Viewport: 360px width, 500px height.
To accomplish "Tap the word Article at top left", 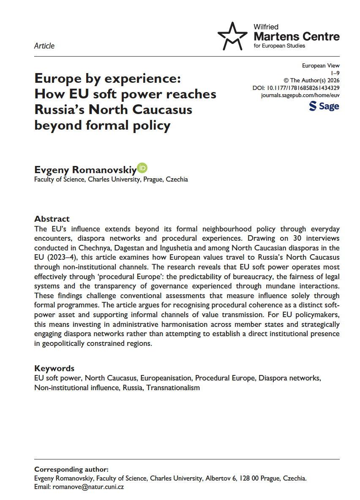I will [x=44, y=46].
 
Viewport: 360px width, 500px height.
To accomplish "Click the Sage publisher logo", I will [x=324, y=106].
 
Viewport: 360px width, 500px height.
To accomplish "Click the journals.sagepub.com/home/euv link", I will [x=300, y=95].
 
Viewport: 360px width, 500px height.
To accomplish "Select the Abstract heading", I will [x=52, y=219].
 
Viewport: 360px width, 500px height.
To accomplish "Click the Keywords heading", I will [x=54, y=368].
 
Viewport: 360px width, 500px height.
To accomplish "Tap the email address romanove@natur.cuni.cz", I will [x=87, y=487].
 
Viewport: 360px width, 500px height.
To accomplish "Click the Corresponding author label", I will [x=71, y=469].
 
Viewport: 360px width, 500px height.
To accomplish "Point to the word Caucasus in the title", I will [x=163, y=109].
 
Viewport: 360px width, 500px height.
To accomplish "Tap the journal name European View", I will [x=321, y=65].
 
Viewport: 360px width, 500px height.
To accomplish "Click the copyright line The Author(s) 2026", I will [x=310, y=80].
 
